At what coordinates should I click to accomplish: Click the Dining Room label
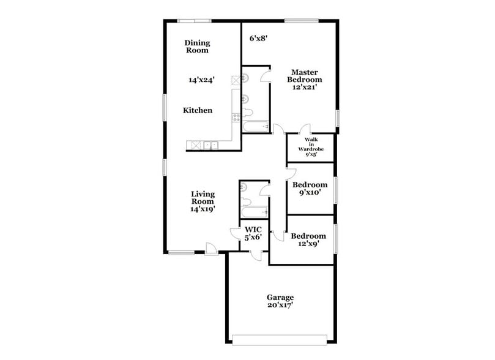coord(197,47)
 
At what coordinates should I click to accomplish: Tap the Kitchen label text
coord(198,111)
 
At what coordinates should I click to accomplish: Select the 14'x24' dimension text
coord(201,80)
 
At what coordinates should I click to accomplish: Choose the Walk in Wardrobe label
coord(310,148)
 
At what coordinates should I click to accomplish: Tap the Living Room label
coord(203,201)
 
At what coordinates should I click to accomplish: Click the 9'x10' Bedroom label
coord(310,189)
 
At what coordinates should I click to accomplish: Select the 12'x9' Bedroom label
coord(308,240)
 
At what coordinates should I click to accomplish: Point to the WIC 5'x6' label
coord(253,233)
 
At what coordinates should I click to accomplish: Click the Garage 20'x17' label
coord(280,301)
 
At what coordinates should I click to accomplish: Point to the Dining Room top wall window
coord(195,21)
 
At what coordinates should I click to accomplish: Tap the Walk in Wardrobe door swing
coord(304,130)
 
